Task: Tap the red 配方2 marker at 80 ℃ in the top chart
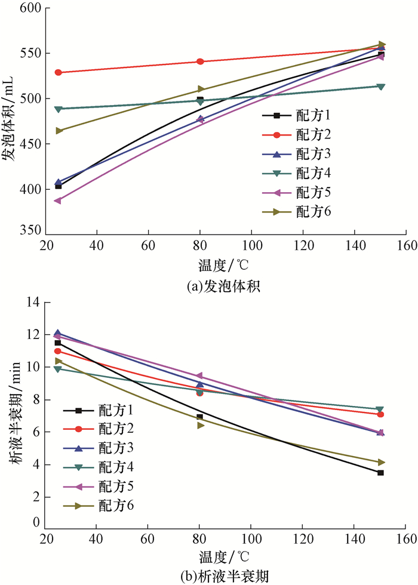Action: (x=200, y=61)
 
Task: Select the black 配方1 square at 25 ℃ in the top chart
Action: (x=58, y=186)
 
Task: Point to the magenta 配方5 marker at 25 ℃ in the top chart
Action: (x=58, y=201)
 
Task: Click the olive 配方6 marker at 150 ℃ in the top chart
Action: (x=381, y=44)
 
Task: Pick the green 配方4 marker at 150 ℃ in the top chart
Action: (x=381, y=87)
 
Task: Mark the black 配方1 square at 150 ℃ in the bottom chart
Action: (x=380, y=473)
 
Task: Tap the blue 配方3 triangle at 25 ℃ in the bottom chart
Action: (x=58, y=334)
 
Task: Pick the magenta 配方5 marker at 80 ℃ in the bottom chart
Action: (x=200, y=376)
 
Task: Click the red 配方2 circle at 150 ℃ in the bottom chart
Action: (x=380, y=414)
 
